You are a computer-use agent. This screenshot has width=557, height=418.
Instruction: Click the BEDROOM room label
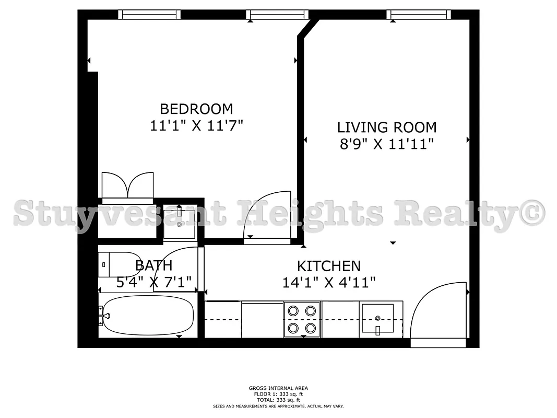pyautogui.click(x=196, y=109)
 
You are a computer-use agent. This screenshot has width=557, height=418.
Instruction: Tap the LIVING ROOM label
pyautogui.click(x=387, y=127)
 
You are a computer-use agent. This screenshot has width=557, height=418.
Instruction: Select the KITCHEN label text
pyautogui.click(x=329, y=266)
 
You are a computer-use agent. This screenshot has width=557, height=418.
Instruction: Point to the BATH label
pyautogui.click(x=153, y=265)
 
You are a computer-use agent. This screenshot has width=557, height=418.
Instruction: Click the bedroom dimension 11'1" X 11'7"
pyautogui.click(x=197, y=125)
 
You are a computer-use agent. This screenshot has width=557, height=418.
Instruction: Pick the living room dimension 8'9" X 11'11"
pyautogui.click(x=387, y=144)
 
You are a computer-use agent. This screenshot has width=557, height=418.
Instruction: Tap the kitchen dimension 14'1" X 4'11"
pyautogui.click(x=329, y=283)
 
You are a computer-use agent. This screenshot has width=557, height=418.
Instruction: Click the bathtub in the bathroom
pyautogui.click(x=147, y=316)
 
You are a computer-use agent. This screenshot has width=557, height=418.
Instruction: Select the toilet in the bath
pyautogui.click(x=111, y=264)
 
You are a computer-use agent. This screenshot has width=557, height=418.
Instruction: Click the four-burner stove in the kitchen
pyautogui.click(x=302, y=319)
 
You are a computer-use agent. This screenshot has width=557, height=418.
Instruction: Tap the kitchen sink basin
pyautogui.click(x=377, y=318)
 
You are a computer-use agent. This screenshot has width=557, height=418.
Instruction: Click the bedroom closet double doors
pyautogui.click(x=128, y=188)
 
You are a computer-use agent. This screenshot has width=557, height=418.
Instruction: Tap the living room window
pyautogui.click(x=419, y=14)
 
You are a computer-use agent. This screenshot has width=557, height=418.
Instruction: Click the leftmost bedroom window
pyautogui.click(x=149, y=14)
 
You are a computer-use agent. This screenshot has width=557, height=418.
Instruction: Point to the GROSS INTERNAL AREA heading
pyautogui.click(x=278, y=388)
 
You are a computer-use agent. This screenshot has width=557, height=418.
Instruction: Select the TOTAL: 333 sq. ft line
pyautogui.click(x=278, y=400)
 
